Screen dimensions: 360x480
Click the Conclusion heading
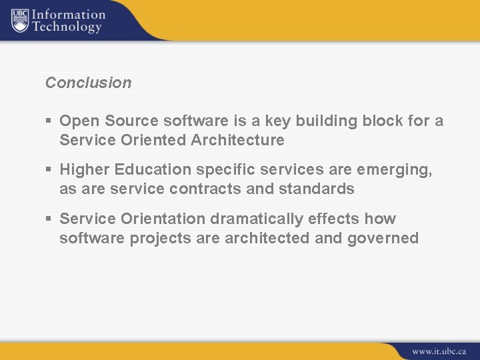click(88, 83)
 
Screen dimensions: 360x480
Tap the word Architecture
click(238, 141)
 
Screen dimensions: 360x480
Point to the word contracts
click(207, 189)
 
